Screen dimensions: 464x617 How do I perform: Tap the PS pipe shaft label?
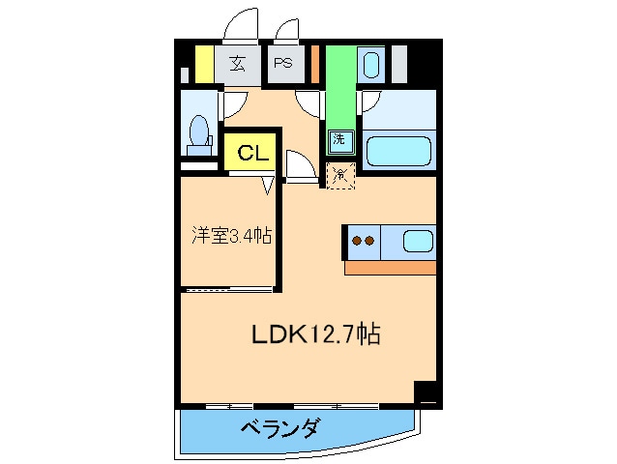[x=283, y=64]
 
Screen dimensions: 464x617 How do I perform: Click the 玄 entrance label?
[x=238, y=64]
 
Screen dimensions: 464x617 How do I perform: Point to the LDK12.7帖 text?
[x=315, y=334]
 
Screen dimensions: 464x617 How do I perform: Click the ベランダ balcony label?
[x=279, y=427]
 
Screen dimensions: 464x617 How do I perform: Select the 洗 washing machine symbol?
[x=338, y=139]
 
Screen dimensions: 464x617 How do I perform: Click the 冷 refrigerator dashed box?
[x=339, y=175]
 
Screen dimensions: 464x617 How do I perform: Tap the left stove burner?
[x=357, y=242]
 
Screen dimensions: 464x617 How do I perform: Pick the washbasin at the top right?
[x=370, y=66]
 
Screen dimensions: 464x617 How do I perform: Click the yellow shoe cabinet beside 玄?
[x=204, y=64]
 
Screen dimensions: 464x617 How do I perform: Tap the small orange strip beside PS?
[x=315, y=64]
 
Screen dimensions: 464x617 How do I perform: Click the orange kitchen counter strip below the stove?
[x=390, y=268]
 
